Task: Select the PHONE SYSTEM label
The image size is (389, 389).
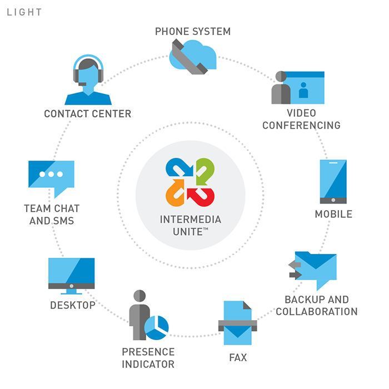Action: tap(192, 31)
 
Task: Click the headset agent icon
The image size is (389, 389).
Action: tap(88, 81)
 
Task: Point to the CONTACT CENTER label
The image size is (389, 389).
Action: tap(88, 114)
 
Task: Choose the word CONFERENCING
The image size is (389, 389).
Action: tap(301, 126)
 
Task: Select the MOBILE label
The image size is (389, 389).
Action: tap(333, 214)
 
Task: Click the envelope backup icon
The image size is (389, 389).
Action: tap(315, 268)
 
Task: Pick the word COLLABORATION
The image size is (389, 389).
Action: tap(316, 311)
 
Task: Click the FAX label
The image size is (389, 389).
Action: tap(238, 357)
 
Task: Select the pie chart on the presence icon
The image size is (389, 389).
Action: tap(156, 327)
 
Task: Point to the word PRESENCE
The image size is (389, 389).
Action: tap(148, 352)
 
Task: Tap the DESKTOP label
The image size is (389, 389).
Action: tap(72, 305)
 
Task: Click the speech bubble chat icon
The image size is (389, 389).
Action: tap(51, 177)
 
